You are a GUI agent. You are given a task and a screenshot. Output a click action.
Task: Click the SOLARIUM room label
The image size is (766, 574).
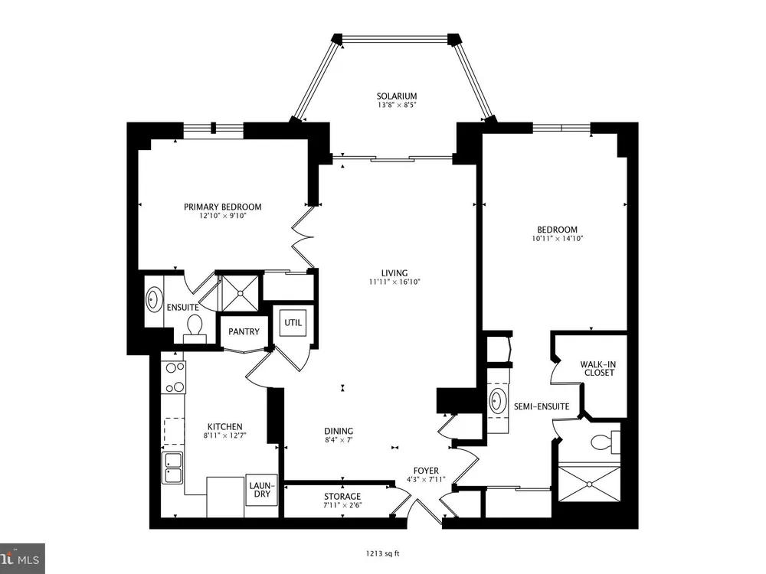(x=396, y=96)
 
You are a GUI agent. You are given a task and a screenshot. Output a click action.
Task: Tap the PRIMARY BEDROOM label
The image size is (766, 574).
(x=222, y=207)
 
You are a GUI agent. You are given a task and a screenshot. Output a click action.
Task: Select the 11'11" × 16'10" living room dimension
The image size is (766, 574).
(x=394, y=282)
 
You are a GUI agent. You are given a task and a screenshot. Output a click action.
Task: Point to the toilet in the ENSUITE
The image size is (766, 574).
(x=195, y=328)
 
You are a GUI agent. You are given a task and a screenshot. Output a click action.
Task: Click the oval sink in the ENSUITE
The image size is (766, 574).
(x=154, y=299)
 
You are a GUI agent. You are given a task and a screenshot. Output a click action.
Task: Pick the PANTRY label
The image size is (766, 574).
(x=244, y=331)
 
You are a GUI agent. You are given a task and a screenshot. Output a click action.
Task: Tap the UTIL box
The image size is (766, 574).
(x=293, y=323)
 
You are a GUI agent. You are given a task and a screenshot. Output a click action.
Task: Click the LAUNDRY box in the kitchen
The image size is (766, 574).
(x=262, y=490)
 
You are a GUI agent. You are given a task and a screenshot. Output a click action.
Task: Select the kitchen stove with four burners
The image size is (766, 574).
(x=174, y=377)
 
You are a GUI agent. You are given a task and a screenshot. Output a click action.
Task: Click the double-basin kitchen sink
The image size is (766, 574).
(x=172, y=468)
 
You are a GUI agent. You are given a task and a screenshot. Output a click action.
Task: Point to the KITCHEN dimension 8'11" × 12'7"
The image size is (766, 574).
(x=224, y=435)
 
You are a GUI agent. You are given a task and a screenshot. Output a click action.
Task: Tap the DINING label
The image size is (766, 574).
(x=339, y=431)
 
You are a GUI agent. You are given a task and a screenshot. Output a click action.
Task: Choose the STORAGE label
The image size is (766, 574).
(x=342, y=497)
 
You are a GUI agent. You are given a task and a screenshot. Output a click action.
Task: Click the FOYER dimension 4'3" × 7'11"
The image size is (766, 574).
(x=425, y=479)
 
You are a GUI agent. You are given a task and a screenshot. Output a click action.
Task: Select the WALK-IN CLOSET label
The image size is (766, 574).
(x=598, y=369)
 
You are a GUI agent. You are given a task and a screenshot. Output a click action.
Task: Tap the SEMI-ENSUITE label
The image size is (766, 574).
(x=542, y=406)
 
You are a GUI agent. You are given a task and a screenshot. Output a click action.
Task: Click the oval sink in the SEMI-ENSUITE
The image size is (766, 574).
(x=497, y=401)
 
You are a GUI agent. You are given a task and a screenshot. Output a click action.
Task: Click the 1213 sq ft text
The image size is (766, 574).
(x=382, y=553)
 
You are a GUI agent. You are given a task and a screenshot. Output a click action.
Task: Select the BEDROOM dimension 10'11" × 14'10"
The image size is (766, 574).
(x=558, y=239)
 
